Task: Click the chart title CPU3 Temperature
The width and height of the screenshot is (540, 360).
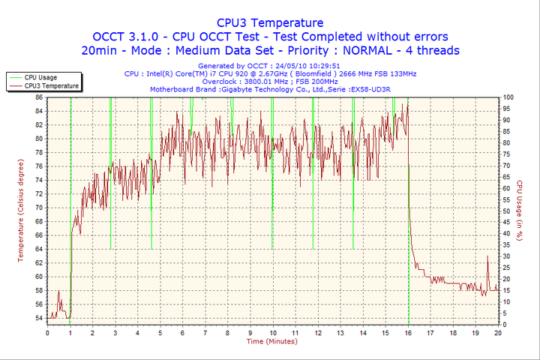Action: tap(270, 22)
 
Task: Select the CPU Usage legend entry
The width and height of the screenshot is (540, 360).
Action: tap(40, 77)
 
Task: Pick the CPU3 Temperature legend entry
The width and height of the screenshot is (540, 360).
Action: tap(51, 86)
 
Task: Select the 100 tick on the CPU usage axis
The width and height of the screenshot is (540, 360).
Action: tap(508, 97)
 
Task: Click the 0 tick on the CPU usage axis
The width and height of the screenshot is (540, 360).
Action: tap(505, 325)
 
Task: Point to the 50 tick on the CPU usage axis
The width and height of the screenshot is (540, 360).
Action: tap(507, 211)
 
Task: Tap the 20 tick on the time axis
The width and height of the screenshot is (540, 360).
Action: tap(498, 332)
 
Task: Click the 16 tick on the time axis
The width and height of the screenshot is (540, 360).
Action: tap(408, 332)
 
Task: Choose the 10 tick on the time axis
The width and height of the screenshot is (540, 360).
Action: tap(272, 332)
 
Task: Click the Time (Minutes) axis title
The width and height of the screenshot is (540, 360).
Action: tap(271, 341)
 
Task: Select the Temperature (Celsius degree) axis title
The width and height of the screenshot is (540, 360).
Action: tap(21, 210)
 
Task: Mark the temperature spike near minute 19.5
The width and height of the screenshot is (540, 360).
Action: tap(487, 257)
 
